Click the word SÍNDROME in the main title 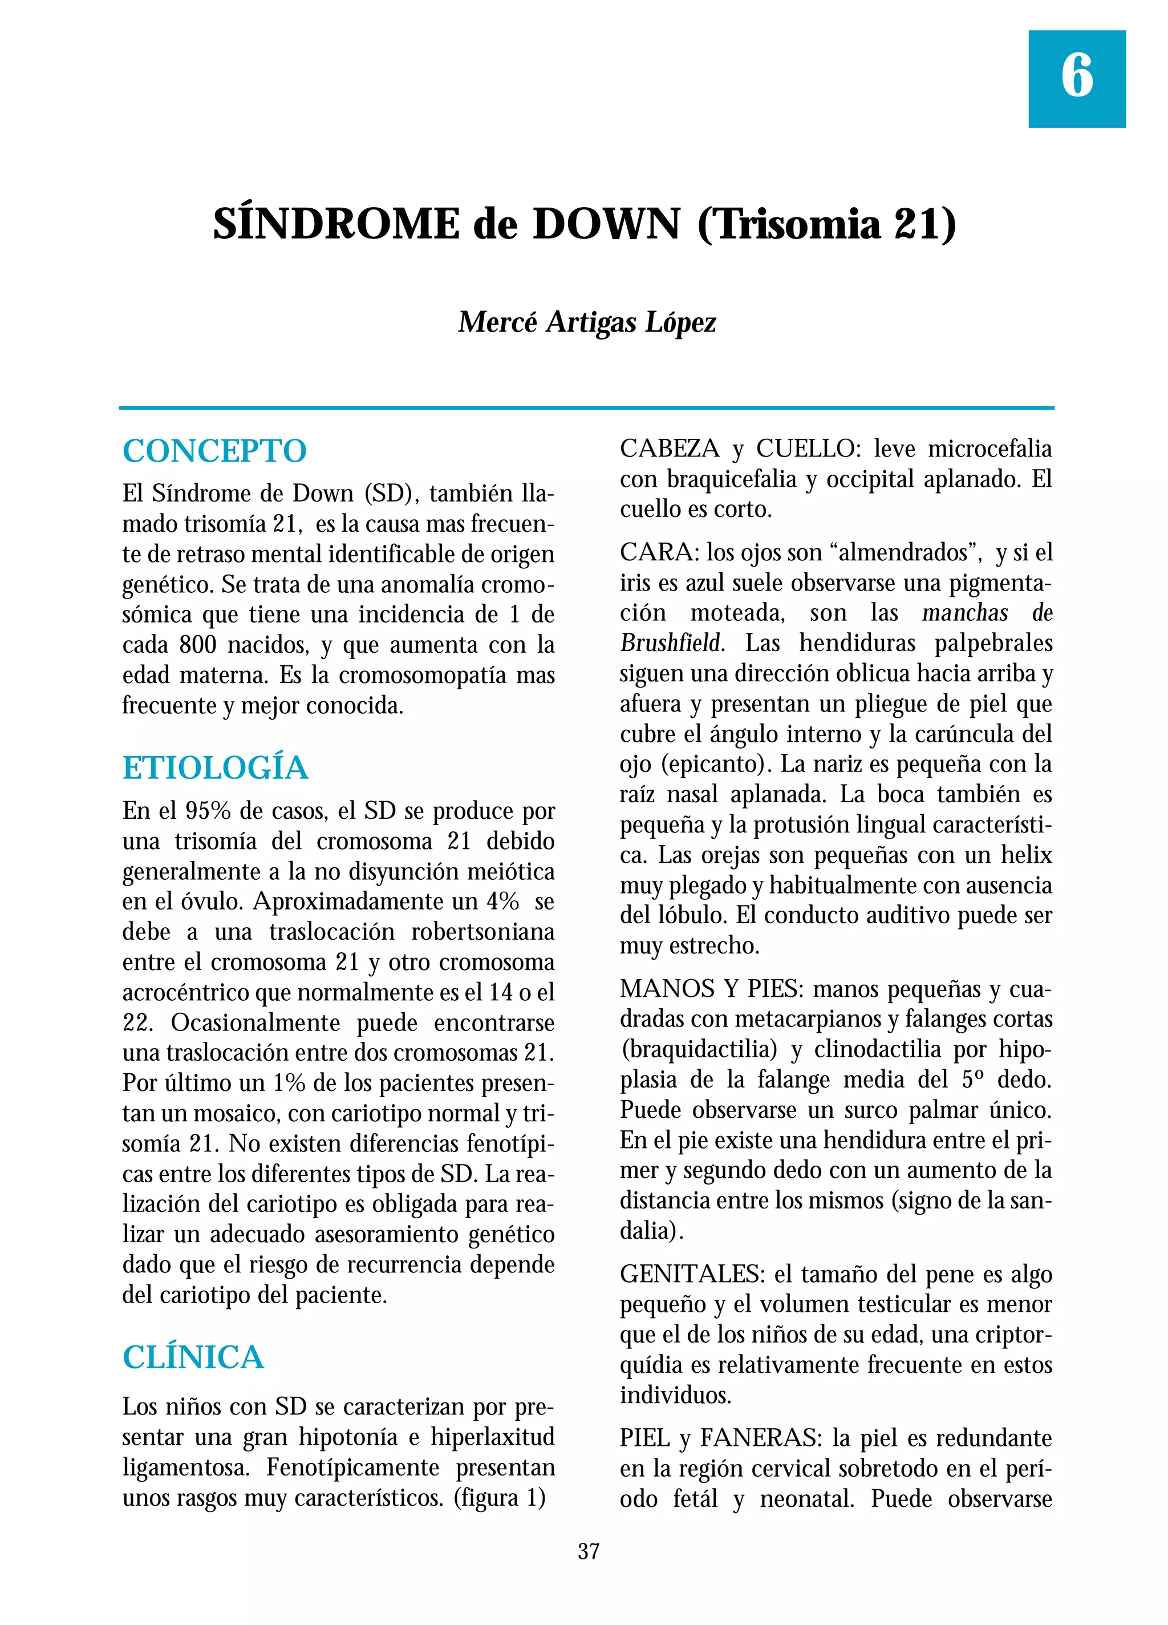click(335, 224)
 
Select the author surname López click(680, 322)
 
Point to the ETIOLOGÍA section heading click(215, 768)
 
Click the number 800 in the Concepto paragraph click(198, 645)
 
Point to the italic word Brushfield click(670, 642)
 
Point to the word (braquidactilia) click(699, 1049)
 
